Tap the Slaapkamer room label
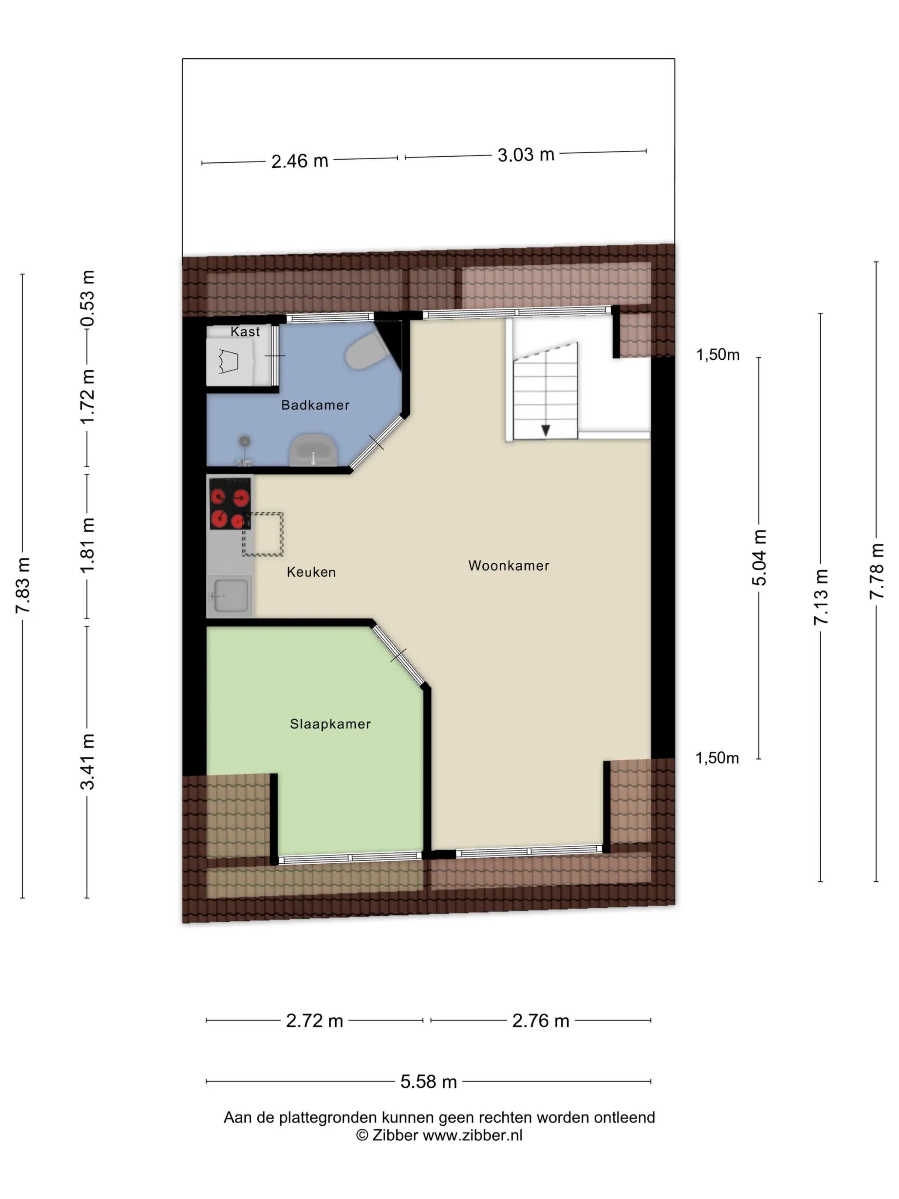point(330,724)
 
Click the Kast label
point(245,332)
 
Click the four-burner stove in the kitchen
point(230,504)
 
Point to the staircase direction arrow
point(546,430)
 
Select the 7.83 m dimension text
point(23,586)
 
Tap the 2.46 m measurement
point(300,161)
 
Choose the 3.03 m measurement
point(526,155)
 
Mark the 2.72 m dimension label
point(314,1021)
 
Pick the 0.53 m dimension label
point(87,298)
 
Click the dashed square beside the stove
point(263,534)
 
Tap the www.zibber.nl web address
point(473,1135)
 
